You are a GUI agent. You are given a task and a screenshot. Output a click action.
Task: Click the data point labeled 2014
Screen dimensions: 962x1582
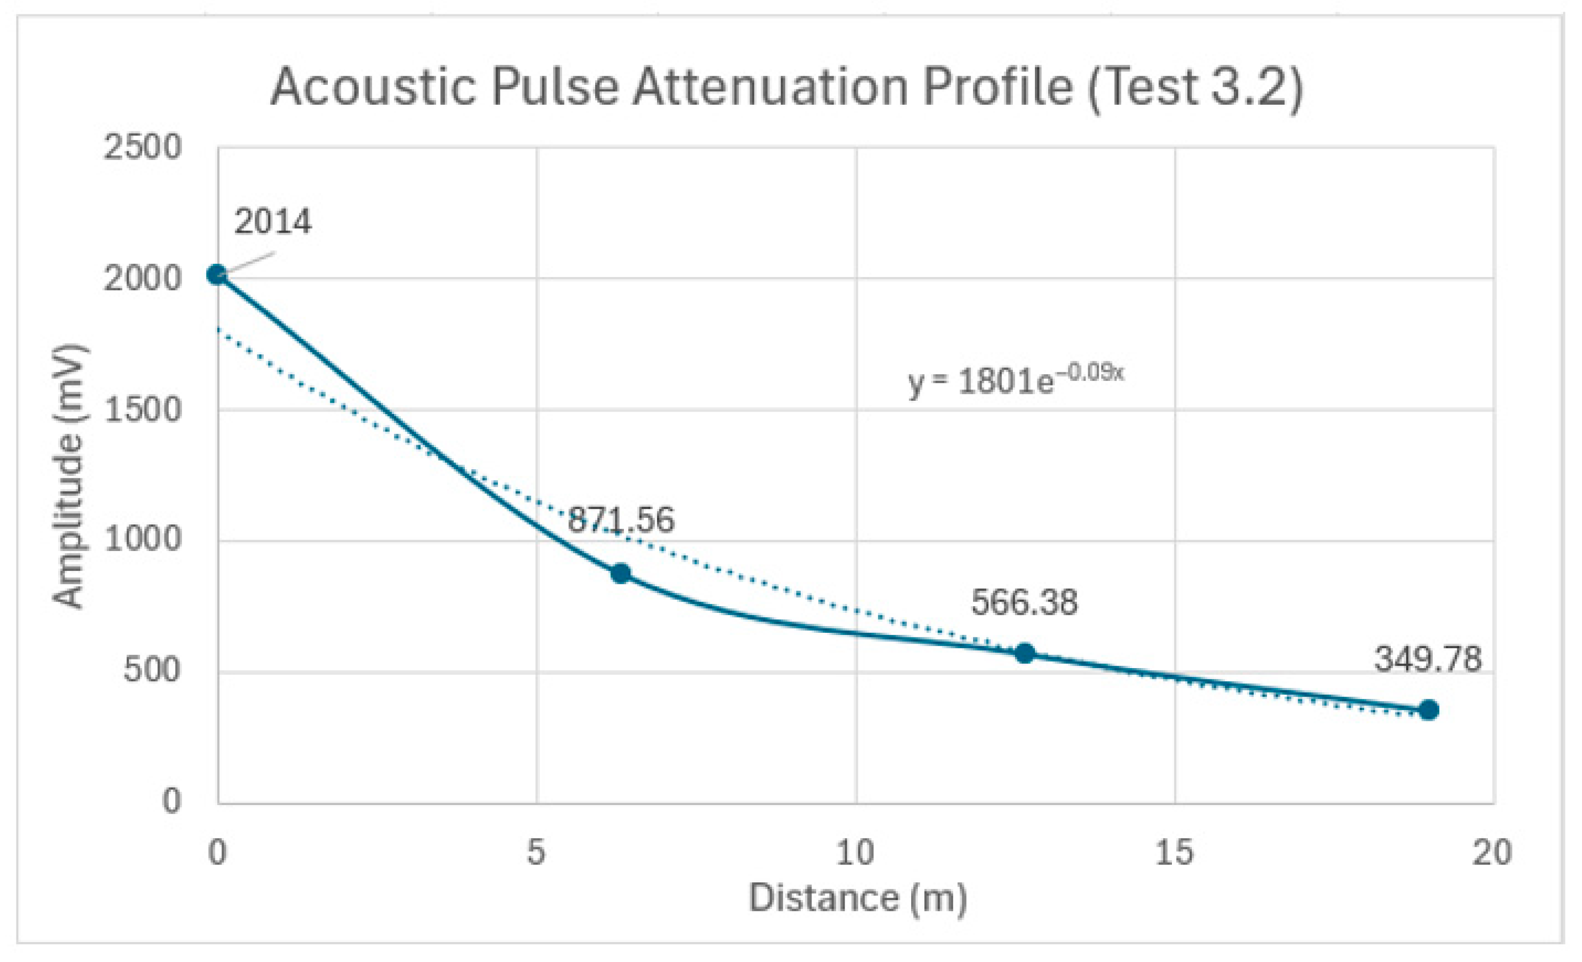coord(217,274)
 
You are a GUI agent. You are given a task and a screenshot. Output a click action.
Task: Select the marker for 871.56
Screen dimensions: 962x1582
coord(620,573)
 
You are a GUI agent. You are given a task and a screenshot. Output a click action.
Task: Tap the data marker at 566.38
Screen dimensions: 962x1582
coord(1025,653)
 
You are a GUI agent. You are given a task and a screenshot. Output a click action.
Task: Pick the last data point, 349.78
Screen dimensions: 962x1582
coord(1429,710)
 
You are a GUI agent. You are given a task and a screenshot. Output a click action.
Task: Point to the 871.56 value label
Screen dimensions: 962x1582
coord(620,520)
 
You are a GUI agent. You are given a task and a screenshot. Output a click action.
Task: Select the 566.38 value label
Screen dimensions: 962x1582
coord(1024,603)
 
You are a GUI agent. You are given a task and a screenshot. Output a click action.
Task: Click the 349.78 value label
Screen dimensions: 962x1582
coord(1428,659)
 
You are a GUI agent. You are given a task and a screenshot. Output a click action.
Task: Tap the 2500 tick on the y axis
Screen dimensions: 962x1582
coord(143,148)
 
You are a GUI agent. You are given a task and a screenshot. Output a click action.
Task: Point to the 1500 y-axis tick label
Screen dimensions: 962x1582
coord(143,409)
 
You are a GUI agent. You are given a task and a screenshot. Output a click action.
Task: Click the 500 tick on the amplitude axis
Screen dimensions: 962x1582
coord(151,670)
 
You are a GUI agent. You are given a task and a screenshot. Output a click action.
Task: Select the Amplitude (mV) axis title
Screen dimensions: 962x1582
coord(68,476)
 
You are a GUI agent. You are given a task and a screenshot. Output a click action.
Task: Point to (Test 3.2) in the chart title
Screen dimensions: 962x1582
coord(1195,87)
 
